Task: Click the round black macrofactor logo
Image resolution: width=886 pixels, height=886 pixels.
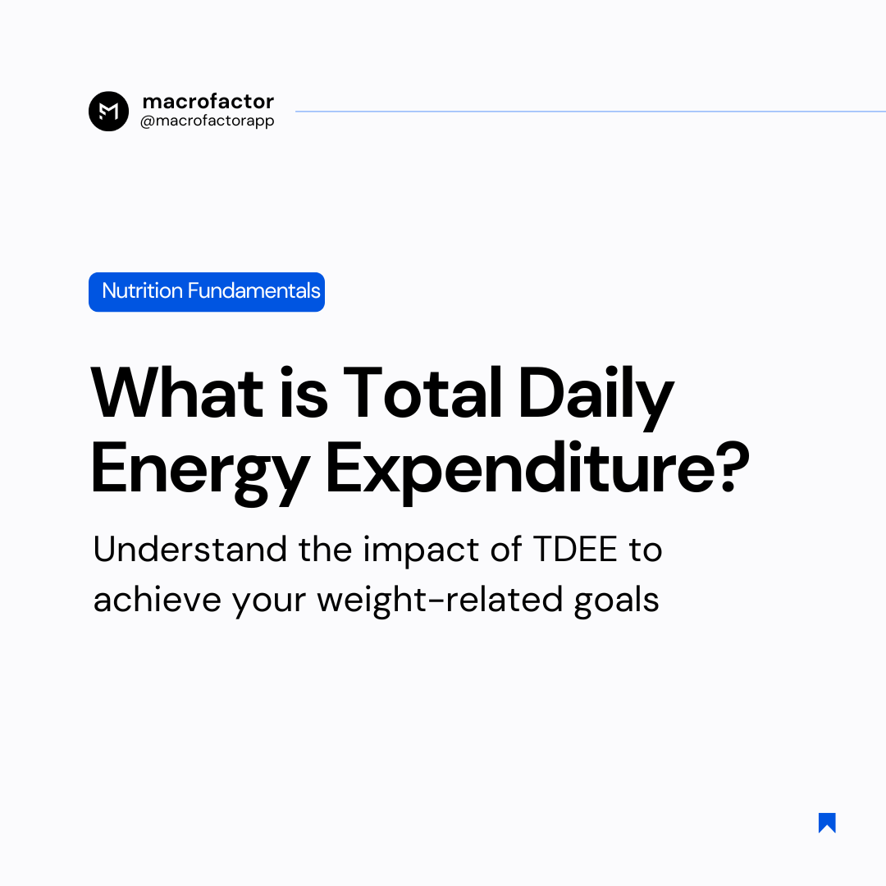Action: tap(108, 111)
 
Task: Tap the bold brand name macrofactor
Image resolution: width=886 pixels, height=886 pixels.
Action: tap(208, 102)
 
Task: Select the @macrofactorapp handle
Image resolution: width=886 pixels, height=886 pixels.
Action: tap(208, 121)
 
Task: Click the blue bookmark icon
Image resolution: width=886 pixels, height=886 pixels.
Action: tap(827, 823)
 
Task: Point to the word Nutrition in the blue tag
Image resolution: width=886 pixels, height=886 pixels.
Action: tap(142, 291)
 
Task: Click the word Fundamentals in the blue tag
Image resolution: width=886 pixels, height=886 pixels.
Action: tap(253, 291)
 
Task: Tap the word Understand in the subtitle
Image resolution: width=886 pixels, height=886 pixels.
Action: tap(190, 549)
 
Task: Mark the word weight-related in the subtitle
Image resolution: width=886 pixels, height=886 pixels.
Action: tap(440, 600)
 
